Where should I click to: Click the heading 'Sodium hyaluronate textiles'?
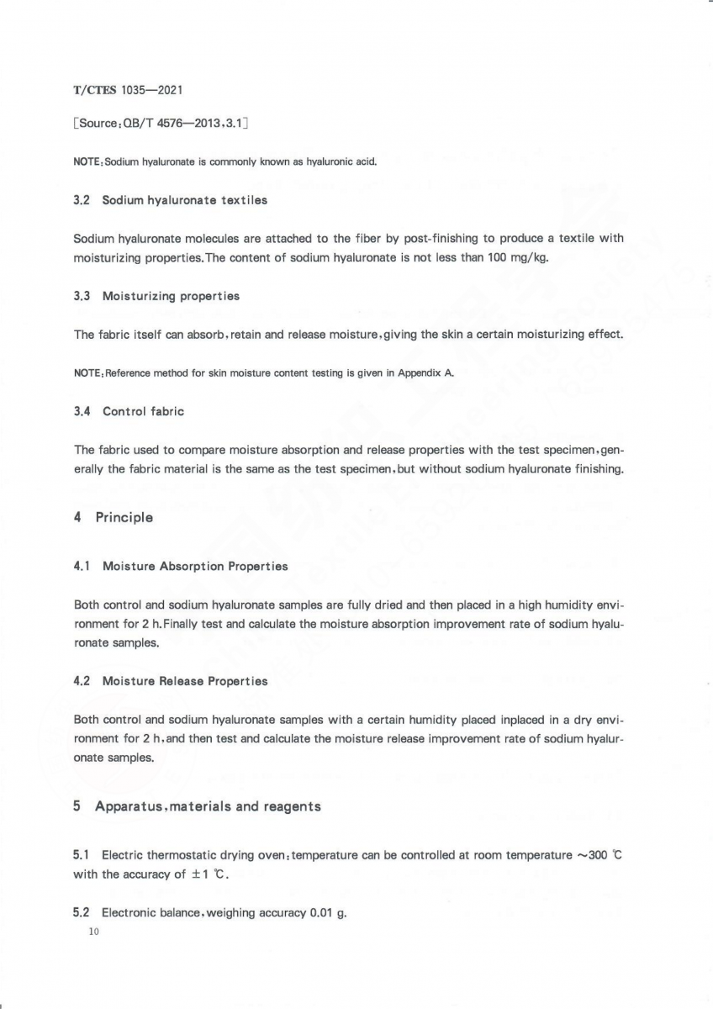[184, 200]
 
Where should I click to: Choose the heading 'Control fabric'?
[143, 411]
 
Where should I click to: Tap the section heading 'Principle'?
[124, 517]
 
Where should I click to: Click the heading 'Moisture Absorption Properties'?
[195, 566]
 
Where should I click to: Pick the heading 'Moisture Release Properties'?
[185, 681]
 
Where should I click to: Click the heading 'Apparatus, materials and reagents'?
[208, 806]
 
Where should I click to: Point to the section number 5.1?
[82, 855]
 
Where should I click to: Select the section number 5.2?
[82, 912]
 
